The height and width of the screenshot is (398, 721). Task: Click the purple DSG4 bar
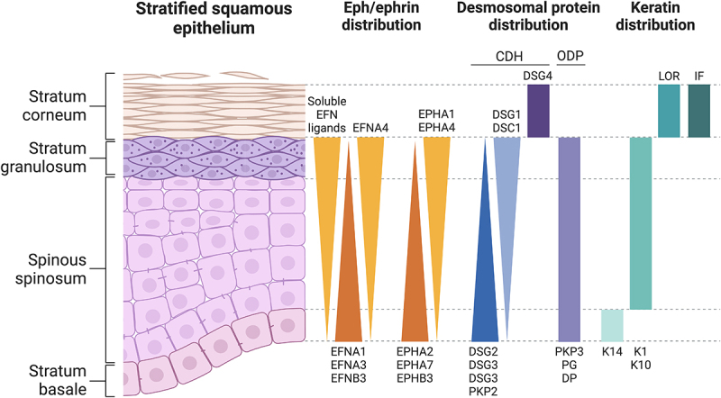[538, 111]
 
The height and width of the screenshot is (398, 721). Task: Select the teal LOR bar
[668, 111]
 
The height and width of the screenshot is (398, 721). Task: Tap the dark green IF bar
[698, 111]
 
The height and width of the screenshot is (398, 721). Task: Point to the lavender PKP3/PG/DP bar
[569, 239]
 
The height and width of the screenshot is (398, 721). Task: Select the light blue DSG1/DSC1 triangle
[507, 198]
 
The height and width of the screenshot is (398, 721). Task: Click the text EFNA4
[370, 128]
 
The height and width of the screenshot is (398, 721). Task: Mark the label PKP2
[485, 391]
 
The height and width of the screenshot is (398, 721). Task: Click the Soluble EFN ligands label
[326, 114]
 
